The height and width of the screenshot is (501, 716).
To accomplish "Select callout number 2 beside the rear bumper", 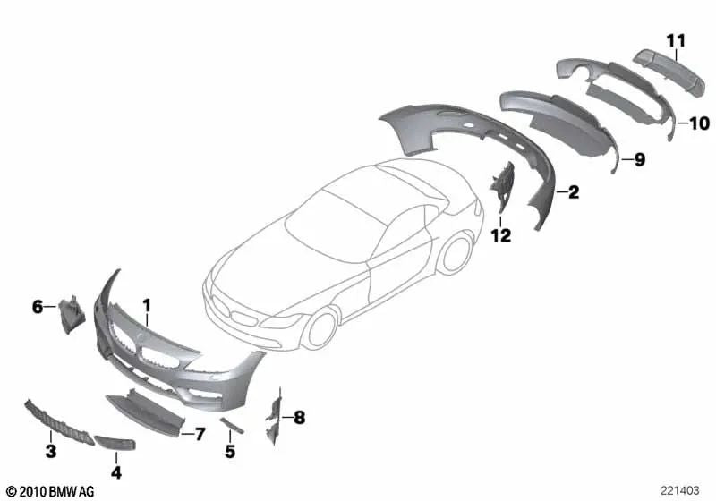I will tap(574, 191).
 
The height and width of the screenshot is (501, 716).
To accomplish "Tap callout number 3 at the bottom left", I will tap(51, 453).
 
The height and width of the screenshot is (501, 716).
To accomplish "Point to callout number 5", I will tap(230, 453).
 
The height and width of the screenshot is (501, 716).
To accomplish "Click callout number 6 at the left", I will tap(38, 307).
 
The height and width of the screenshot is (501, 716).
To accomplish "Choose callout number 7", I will tap(200, 434).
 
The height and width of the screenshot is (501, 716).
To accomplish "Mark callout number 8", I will tap(300, 417).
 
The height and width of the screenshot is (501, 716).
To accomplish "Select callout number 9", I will tap(639, 160).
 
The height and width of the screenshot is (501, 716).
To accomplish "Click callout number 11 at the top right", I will tap(675, 38).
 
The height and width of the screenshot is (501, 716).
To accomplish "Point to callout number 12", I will tap(500, 235).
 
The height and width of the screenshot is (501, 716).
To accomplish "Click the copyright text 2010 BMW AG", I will tap(50, 491).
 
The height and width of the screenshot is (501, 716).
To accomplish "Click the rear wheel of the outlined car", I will tap(457, 254).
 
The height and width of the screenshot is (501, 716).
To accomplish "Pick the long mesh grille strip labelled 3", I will tap(55, 420).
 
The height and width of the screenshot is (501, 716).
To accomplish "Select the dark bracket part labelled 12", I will tap(501, 190).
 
